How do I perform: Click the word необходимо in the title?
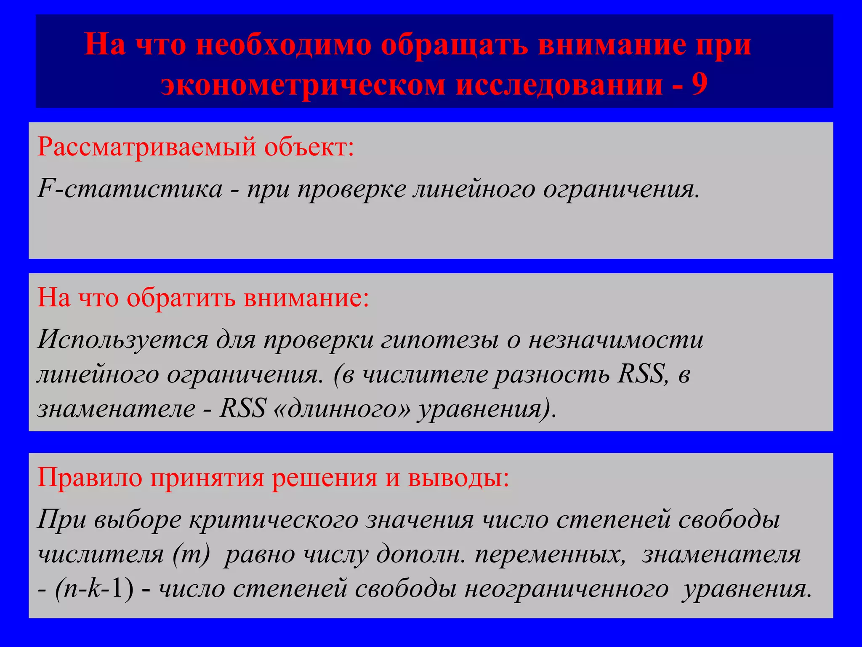[x=284, y=45]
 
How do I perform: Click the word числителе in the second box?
[x=425, y=374]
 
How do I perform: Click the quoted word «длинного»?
[x=341, y=409]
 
